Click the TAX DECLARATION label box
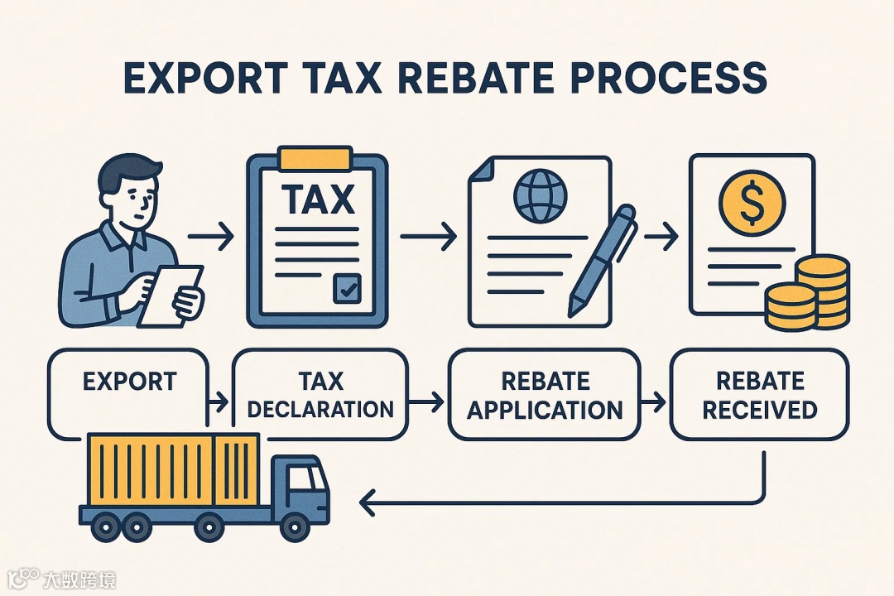click(x=320, y=394)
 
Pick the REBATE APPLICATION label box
click(x=545, y=394)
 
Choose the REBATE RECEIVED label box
click(x=759, y=394)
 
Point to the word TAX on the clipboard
click(x=317, y=199)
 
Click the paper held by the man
click(x=171, y=294)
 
